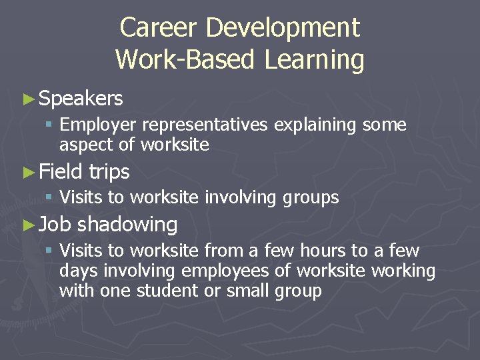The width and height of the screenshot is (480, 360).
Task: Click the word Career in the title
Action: [159, 28]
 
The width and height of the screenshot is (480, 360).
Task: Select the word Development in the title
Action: [283, 28]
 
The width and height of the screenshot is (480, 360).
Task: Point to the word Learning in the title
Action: [314, 60]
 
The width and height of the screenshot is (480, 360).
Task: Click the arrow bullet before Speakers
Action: [27, 99]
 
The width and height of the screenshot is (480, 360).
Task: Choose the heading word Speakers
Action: [81, 99]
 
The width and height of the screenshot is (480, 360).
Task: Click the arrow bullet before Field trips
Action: [27, 172]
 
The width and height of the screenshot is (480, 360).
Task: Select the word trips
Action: [109, 172]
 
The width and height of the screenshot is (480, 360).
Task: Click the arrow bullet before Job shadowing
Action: [27, 225]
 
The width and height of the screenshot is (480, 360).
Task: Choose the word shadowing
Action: [127, 225]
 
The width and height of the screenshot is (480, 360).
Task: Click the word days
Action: [77, 271]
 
